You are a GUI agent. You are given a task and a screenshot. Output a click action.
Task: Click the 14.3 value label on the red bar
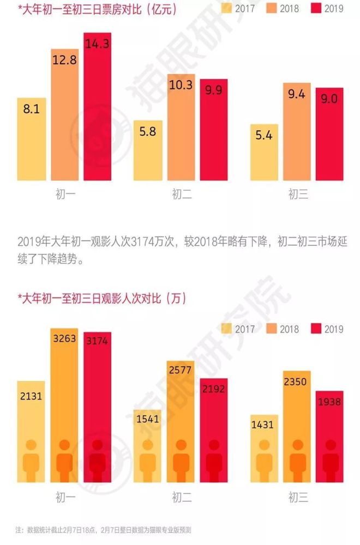[x=97, y=44]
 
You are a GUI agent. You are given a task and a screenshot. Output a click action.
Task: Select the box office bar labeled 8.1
[x=31, y=139]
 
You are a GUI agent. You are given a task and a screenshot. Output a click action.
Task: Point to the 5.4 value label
[x=263, y=135]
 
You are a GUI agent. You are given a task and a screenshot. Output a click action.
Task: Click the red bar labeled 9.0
[x=329, y=134]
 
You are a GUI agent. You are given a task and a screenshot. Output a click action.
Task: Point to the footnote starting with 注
[x=103, y=530]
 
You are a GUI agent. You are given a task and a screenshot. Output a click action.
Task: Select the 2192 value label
[x=214, y=389]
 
